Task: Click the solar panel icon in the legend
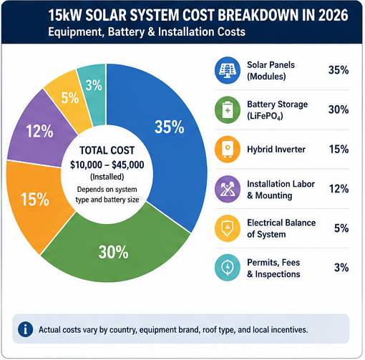click(x=228, y=70)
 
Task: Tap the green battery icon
click(x=228, y=110)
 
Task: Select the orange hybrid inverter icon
click(x=228, y=150)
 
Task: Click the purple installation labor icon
click(x=228, y=189)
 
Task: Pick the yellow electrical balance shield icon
click(x=228, y=228)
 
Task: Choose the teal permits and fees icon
click(x=228, y=268)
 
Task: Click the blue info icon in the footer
click(x=25, y=329)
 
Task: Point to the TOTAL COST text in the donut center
click(x=107, y=150)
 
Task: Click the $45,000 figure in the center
click(x=128, y=165)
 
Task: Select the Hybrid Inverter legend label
click(x=276, y=150)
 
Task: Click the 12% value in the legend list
click(x=339, y=189)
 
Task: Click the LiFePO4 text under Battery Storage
click(x=265, y=116)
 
